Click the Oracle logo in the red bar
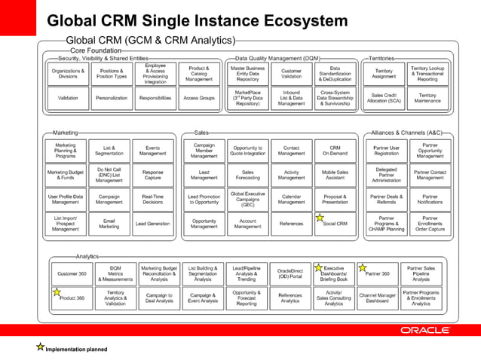(x=425, y=330)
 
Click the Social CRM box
(x=335, y=224)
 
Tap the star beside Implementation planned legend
(x=40, y=347)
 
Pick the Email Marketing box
(x=109, y=224)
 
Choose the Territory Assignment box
(x=384, y=73)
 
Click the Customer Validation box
(x=291, y=73)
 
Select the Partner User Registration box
(x=386, y=150)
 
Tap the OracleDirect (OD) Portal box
(x=290, y=273)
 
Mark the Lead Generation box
(x=153, y=224)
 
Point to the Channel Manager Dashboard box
(x=378, y=298)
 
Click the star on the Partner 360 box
(x=363, y=268)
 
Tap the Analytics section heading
(x=87, y=257)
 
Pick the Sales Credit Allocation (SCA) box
(x=384, y=98)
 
